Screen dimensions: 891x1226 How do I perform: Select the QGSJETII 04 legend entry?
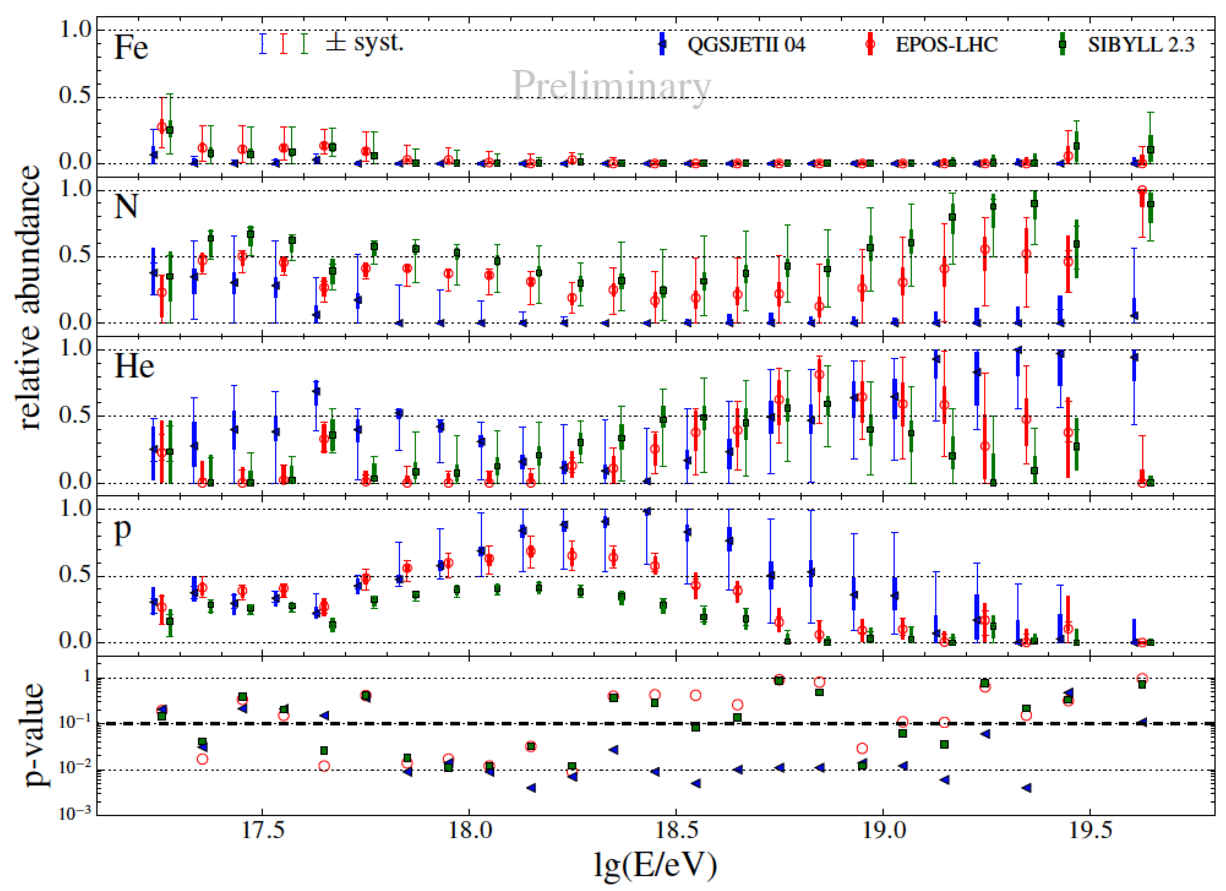tap(746, 45)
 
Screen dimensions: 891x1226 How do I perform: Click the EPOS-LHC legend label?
tap(946, 45)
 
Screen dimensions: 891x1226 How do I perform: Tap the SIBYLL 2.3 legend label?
tap(1141, 45)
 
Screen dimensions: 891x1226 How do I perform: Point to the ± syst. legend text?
tap(365, 43)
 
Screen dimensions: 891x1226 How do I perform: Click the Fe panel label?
tap(131, 48)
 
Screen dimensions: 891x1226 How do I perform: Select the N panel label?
tap(126, 207)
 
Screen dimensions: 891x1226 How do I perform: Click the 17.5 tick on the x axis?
tap(262, 830)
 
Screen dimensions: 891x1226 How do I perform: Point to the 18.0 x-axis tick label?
tap(469, 830)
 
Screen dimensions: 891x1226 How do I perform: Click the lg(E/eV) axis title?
tap(655, 864)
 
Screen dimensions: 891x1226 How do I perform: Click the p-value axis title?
tap(34, 735)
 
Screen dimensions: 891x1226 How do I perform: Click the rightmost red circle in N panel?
tap(1142, 190)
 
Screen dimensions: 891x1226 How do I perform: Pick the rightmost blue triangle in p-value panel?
tap(1142, 722)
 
